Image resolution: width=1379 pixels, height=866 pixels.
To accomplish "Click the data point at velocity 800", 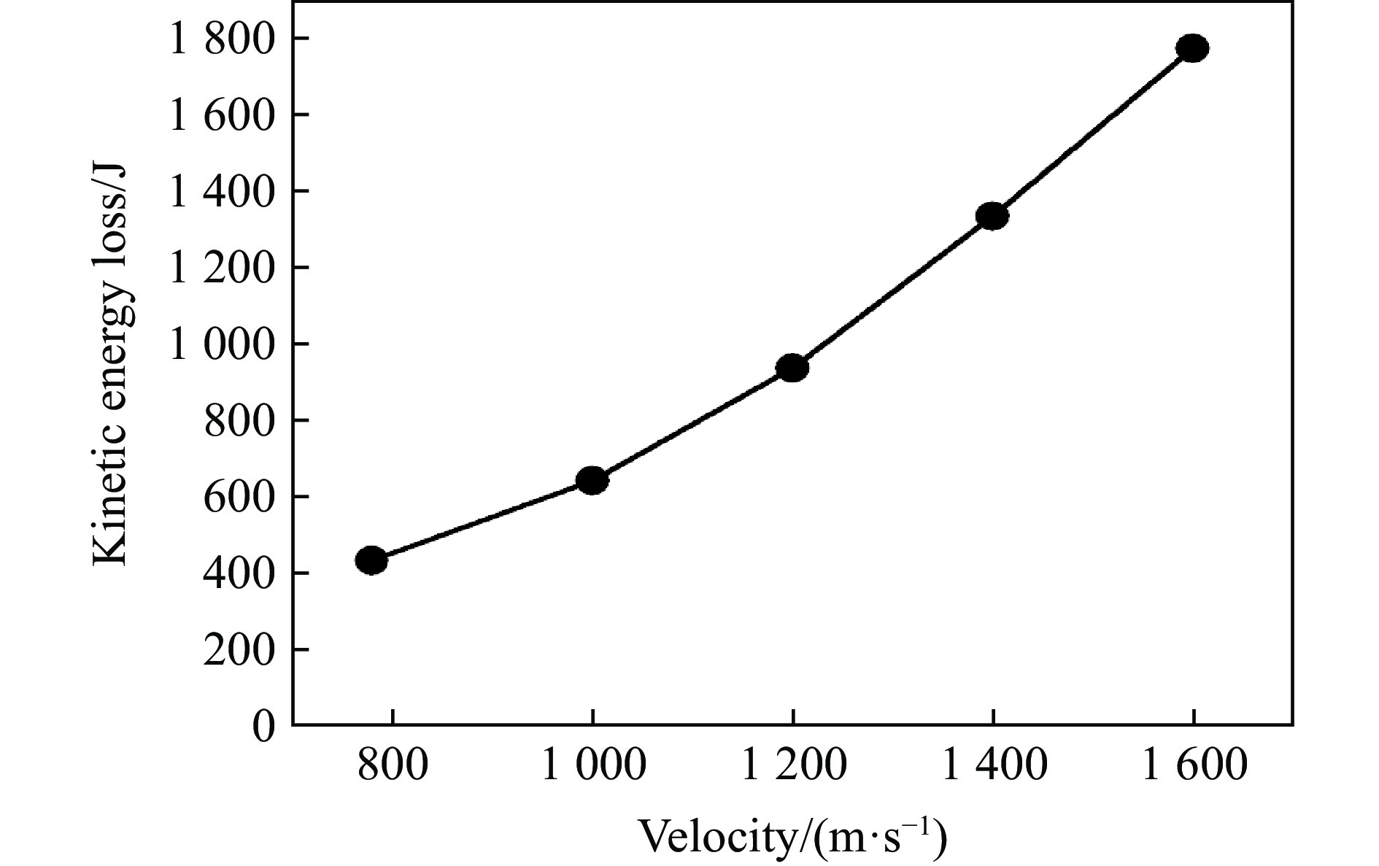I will (x=371, y=560).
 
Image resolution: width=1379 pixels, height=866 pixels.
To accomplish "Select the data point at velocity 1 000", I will (x=592, y=480).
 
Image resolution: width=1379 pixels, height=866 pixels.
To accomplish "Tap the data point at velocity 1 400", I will (x=992, y=216).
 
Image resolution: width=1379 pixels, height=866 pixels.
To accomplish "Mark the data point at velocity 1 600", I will (x=1192, y=48).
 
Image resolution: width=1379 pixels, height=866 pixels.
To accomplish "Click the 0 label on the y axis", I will (x=264, y=726).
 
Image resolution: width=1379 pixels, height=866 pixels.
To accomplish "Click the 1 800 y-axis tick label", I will (x=223, y=39).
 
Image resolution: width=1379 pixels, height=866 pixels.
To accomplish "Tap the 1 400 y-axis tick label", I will (x=223, y=192).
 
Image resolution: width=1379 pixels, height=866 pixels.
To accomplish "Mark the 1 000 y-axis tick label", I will (x=223, y=344).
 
